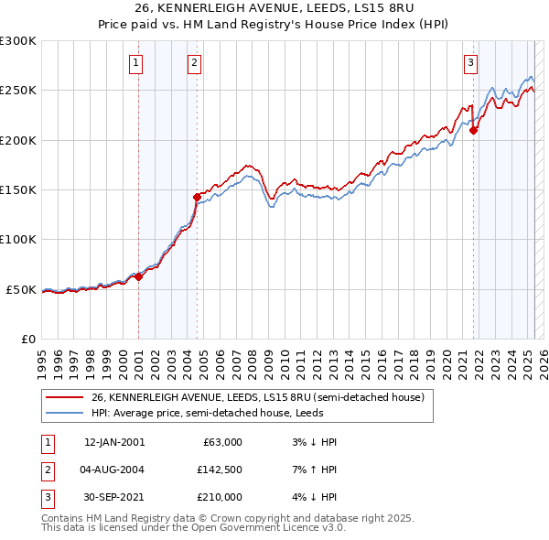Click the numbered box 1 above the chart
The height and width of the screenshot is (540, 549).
[x=135, y=63]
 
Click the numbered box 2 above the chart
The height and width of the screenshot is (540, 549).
[x=195, y=63]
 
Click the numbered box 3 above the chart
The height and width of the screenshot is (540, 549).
[x=470, y=63]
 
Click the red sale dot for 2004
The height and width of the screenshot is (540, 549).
[x=197, y=197]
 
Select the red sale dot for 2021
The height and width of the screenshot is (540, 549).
[x=474, y=130]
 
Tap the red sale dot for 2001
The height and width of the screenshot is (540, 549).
[x=139, y=276]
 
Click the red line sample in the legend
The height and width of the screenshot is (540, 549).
[x=64, y=398]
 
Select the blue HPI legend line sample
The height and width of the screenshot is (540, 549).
[x=64, y=413]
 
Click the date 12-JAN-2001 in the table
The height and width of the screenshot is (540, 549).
[x=113, y=442]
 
